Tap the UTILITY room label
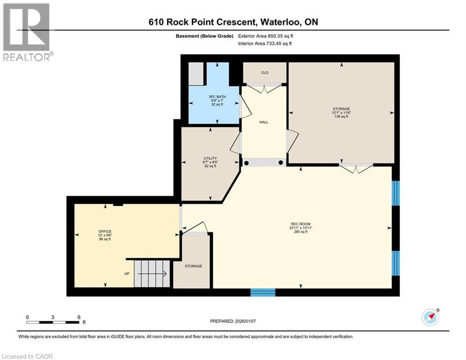click(x=210, y=158)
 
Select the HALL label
click(x=264, y=122)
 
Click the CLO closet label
click(x=265, y=73)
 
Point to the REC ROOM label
click(x=301, y=224)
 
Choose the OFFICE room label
click(x=105, y=232)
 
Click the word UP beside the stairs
click(x=127, y=273)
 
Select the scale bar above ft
click(x=53, y=322)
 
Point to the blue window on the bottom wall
click(x=263, y=292)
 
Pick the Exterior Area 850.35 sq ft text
click(x=266, y=36)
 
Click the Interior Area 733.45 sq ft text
click(x=265, y=44)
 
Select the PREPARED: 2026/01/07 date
click(x=233, y=321)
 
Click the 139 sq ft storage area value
click(x=341, y=117)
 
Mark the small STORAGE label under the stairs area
click(x=193, y=266)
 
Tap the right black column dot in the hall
click(x=281, y=163)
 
